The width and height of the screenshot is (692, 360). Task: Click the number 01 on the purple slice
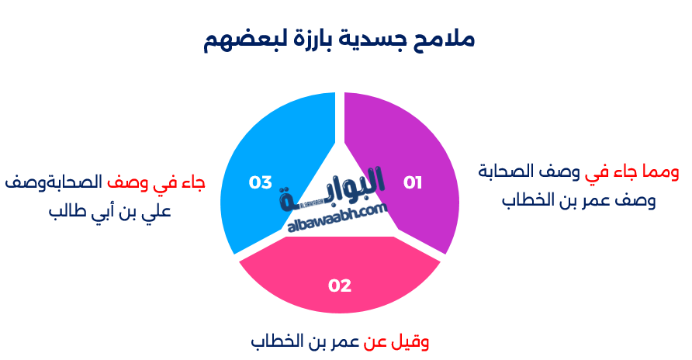point(413,182)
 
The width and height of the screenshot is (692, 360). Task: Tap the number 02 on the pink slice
point(340,286)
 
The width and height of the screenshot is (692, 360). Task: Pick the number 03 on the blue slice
point(261,182)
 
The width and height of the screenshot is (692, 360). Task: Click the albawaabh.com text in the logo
point(337,218)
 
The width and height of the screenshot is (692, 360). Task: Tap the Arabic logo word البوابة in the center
point(332,189)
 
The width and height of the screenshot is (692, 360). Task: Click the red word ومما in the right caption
point(661,172)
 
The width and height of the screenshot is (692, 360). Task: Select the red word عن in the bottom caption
point(375,343)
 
